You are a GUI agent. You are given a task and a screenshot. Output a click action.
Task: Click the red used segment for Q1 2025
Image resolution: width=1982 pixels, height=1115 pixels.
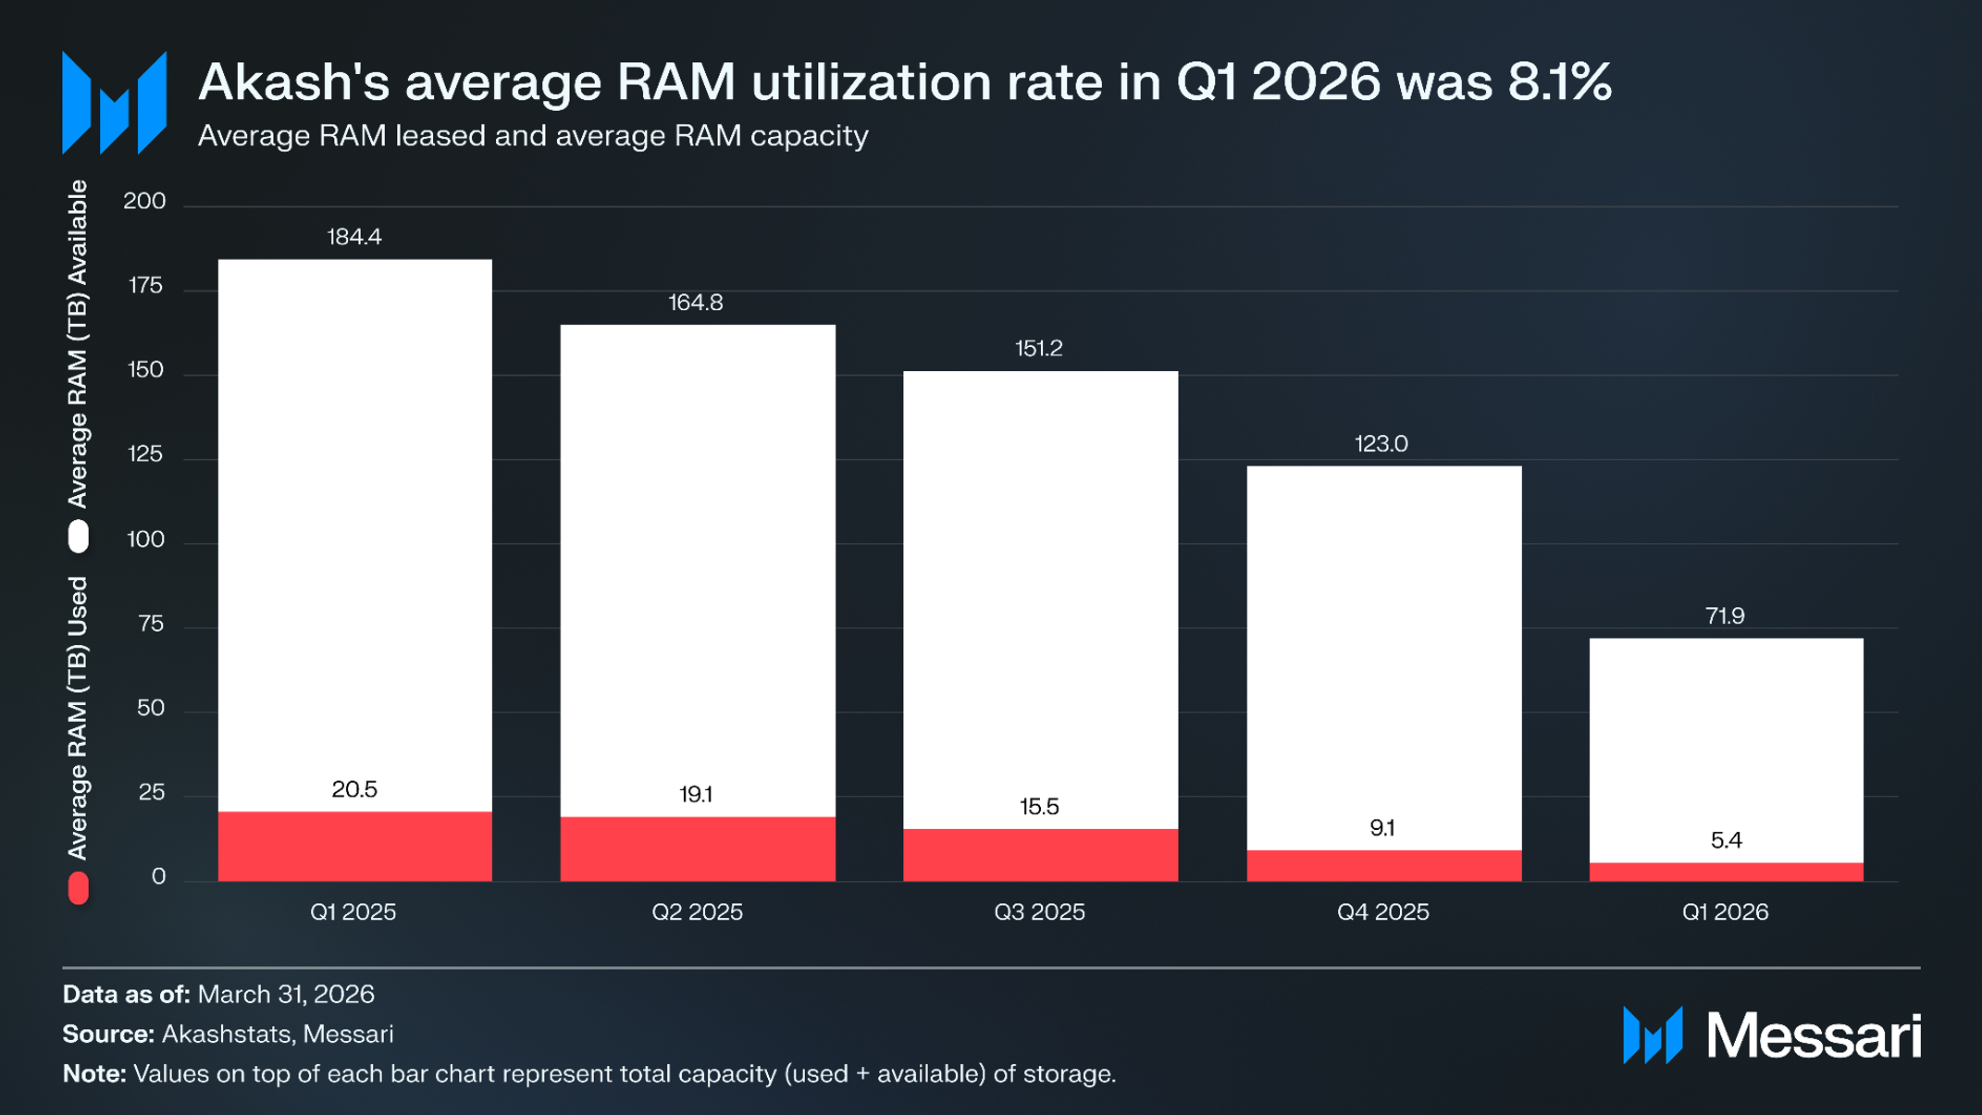click(354, 846)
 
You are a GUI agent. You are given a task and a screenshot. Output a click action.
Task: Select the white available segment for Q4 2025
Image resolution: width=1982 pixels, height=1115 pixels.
click(1384, 658)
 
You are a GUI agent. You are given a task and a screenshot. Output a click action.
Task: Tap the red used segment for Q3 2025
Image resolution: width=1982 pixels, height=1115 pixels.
click(1040, 855)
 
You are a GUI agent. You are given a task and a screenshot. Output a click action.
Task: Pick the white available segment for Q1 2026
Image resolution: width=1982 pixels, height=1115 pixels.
click(1727, 750)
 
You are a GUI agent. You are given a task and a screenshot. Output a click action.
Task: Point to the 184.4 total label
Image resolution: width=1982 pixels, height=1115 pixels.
click(354, 237)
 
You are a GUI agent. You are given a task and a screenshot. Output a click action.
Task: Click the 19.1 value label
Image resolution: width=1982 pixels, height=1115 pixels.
click(696, 794)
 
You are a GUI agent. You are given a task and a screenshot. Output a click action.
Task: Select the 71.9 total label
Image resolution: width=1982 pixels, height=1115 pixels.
click(1725, 615)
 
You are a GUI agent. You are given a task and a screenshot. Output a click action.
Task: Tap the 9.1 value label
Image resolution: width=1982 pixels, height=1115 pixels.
click(1382, 827)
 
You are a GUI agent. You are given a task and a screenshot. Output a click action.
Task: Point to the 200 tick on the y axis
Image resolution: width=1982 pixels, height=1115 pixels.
click(144, 201)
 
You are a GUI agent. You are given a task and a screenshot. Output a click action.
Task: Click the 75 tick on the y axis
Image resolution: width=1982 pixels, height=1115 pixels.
click(150, 624)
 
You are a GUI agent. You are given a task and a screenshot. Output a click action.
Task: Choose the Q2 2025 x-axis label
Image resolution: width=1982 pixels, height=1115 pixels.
click(697, 911)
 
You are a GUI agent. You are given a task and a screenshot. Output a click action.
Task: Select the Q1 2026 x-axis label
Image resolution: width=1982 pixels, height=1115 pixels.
click(1725, 911)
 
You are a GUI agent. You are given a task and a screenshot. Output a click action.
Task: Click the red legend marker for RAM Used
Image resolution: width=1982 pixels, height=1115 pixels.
click(79, 887)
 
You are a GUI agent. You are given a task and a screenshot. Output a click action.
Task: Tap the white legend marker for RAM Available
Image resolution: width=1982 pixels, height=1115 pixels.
click(79, 537)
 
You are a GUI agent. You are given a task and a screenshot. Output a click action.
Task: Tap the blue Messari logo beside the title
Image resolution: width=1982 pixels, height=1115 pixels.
click(114, 102)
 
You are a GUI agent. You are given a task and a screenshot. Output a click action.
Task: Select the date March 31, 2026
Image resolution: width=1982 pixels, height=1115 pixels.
click(286, 994)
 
